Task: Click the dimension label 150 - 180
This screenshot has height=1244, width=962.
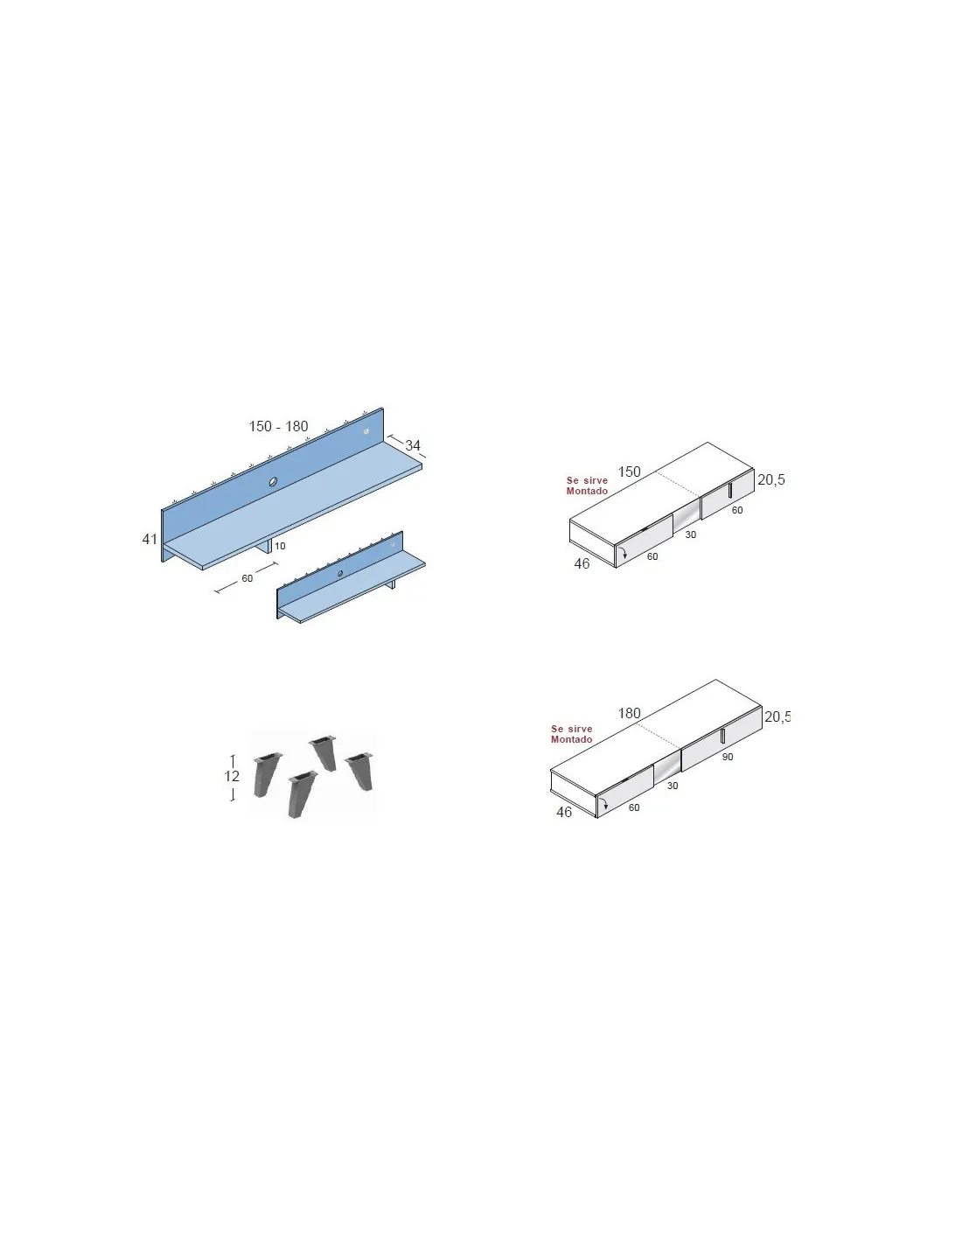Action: point(278,426)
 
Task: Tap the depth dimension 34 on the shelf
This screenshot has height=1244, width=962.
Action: point(413,444)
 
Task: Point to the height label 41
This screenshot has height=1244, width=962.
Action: point(150,539)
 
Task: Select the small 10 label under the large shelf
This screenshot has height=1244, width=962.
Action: point(280,546)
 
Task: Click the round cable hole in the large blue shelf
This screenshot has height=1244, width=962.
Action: point(273,482)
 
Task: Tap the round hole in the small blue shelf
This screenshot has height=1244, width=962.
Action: point(340,573)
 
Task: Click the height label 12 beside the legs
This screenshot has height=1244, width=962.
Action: point(232,776)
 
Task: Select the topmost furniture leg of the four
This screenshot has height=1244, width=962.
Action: point(324,753)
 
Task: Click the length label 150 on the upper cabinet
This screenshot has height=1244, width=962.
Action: point(629,472)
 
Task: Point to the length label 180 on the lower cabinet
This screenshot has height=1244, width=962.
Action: point(629,713)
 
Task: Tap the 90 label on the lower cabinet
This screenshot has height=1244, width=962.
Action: point(728,757)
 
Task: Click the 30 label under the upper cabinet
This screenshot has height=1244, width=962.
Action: point(691,535)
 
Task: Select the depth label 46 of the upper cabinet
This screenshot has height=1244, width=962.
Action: point(582,564)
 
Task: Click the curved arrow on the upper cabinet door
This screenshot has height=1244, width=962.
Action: point(624,552)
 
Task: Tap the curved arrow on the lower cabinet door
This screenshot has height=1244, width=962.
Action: point(603,803)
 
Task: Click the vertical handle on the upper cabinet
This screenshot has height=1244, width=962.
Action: point(730,491)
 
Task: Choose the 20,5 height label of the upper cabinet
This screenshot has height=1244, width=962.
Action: point(770,479)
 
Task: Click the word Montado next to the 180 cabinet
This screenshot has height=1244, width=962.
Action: point(571,739)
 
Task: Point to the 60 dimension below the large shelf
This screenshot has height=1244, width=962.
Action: point(247,578)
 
